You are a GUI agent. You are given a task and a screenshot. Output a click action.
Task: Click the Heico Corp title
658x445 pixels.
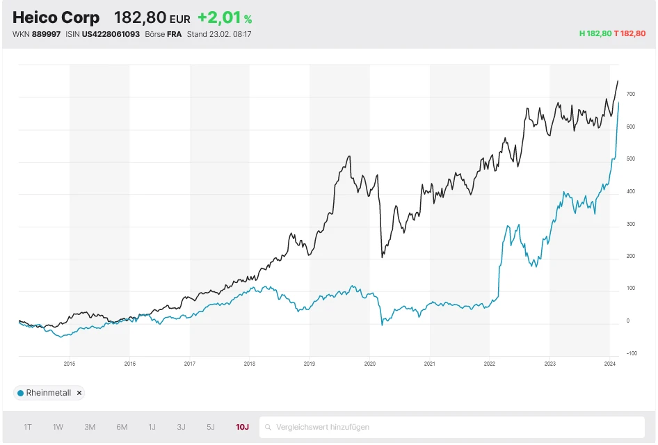point(56,17)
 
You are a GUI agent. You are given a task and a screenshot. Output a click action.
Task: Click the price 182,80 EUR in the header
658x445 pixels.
point(152,18)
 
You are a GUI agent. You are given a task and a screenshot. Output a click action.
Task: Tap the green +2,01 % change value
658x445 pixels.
point(224,18)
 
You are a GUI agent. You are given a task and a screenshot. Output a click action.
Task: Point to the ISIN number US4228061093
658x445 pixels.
point(111,34)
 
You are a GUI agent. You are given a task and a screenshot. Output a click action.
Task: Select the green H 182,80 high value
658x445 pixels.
point(595,33)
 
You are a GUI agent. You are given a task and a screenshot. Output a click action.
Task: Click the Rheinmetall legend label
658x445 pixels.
point(48,393)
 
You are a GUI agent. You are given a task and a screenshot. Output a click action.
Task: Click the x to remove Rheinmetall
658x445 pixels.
point(79,393)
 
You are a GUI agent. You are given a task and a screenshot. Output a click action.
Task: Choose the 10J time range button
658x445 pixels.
point(242,427)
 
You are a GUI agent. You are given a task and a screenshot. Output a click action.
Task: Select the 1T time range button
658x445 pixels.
point(28,427)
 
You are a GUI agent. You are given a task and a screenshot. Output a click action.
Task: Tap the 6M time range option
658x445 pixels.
point(122,427)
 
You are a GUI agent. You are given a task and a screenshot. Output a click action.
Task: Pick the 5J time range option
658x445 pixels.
point(211,427)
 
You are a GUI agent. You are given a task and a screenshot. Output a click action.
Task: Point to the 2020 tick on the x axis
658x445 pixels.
point(370,363)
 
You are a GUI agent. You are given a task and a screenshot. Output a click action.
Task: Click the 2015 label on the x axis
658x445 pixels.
point(70,363)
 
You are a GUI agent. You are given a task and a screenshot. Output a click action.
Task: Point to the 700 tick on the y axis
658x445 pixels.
point(630,94)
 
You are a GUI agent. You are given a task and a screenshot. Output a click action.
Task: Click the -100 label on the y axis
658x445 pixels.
point(632,353)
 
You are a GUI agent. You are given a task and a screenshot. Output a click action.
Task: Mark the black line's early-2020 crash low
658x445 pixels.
point(383,257)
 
